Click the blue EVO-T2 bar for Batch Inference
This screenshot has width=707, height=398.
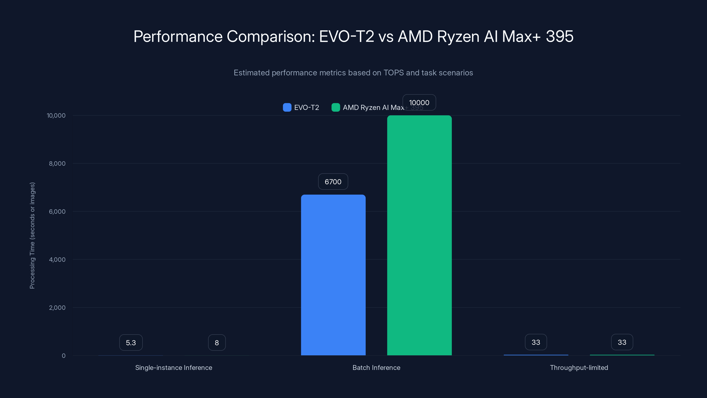pyautogui.click(x=333, y=275)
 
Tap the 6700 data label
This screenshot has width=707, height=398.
pyautogui.click(x=333, y=182)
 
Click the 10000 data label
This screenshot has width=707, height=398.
pyautogui.click(x=419, y=102)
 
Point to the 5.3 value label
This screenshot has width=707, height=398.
pyautogui.click(x=131, y=343)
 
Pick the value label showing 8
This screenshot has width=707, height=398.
pyautogui.click(x=217, y=343)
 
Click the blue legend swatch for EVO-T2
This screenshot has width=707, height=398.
pyautogui.click(x=287, y=107)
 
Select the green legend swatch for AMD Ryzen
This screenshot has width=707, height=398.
pyautogui.click(x=336, y=107)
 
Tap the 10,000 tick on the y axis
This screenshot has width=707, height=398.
pyautogui.click(x=56, y=115)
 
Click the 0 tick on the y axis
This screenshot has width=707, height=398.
pyautogui.click(x=64, y=356)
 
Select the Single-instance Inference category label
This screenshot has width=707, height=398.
pyautogui.click(x=174, y=367)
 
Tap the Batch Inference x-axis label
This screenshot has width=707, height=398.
pyautogui.click(x=376, y=367)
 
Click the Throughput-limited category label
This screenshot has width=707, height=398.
pyautogui.click(x=579, y=367)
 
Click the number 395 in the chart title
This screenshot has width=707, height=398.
pyautogui.click(x=559, y=36)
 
